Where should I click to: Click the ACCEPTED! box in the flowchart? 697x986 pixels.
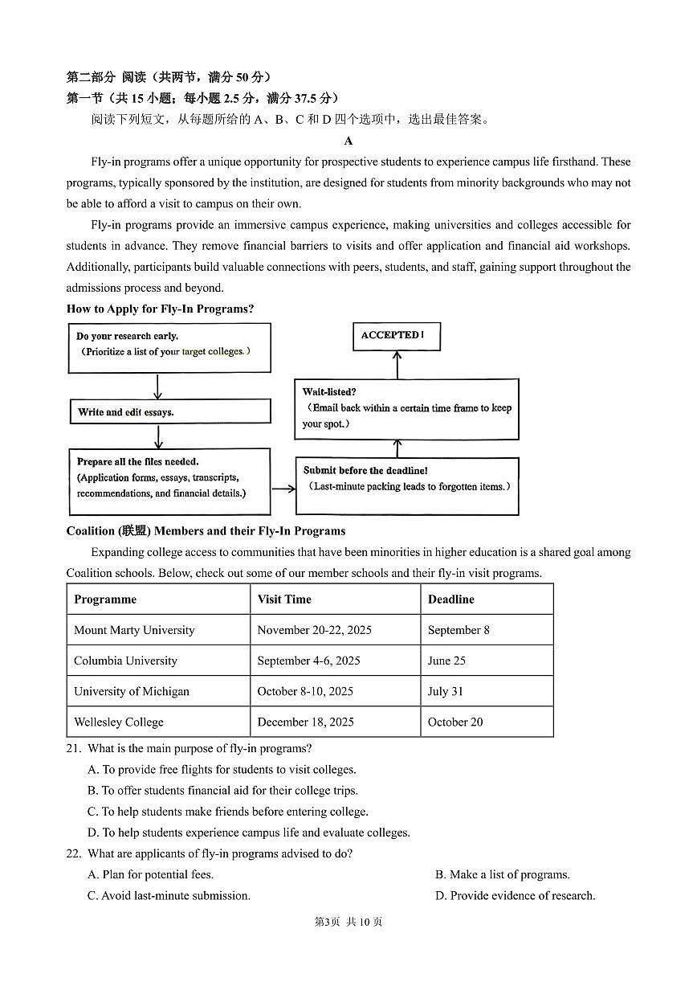coord(397,336)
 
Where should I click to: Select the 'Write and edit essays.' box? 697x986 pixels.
coord(169,411)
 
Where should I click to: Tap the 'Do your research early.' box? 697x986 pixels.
coord(169,347)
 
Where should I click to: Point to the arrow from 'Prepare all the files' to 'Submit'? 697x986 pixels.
coord(283,488)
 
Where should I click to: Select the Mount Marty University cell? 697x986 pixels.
coord(134,630)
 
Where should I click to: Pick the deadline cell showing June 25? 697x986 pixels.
coord(446,661)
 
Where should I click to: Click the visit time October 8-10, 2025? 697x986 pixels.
coord(305,691)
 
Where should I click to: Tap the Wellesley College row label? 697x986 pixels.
coord(119,722)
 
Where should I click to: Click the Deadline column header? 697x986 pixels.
coord(451,599)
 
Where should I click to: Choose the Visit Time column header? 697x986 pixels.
coord(284,599)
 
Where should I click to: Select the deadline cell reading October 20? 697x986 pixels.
coord(455,722)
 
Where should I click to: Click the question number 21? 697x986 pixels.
coord(74,749)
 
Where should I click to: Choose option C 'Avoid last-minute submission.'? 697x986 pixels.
coord(169,895)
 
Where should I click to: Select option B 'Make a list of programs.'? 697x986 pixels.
coord(502,874)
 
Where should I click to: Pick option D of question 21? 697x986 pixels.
coord(249,833)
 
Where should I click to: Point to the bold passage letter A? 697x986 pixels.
coord(348,141)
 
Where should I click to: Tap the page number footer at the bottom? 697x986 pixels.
coord(348,922)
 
